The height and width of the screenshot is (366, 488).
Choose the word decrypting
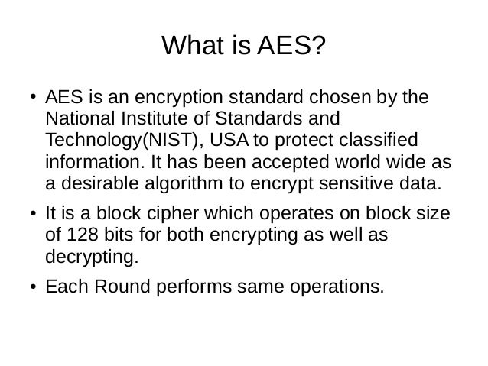93,257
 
